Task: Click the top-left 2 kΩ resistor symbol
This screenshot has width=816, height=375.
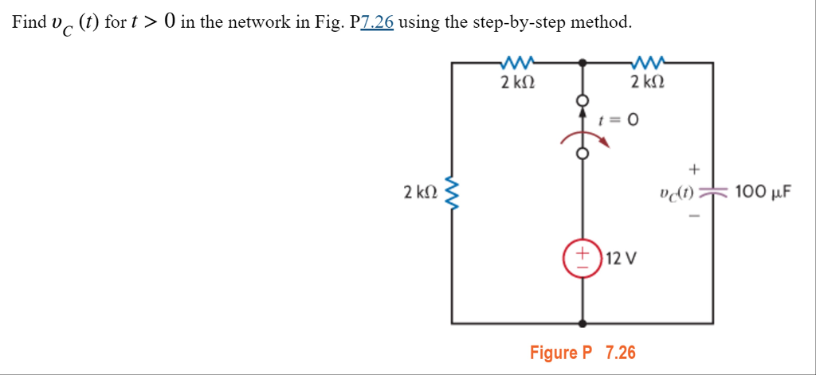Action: (x=517, y=61)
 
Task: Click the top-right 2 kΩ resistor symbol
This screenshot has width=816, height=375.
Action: (x=647, y=61)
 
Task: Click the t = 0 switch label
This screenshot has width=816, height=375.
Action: (x=618, y=121)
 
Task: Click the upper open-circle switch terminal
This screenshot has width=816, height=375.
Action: (x=583, y=101)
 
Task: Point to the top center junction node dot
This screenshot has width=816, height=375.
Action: (x=583, y=61)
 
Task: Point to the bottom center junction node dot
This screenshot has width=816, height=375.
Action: (x=583, y=323)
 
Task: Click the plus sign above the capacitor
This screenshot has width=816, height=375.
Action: (x=694, y=169)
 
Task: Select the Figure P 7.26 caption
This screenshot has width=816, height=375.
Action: (x=583, y=353)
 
